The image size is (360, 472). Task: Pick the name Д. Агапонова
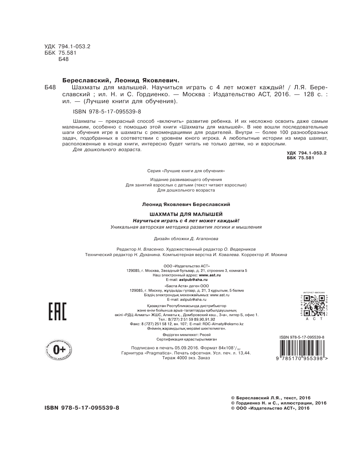[x=204, y=239]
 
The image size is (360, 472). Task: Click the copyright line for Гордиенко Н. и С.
[x=279, y=403]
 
